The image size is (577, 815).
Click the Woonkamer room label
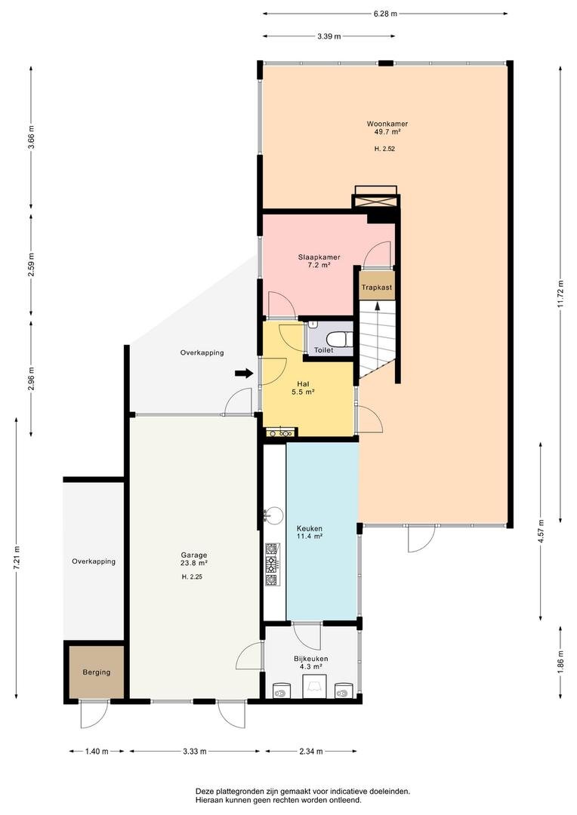pos(387,125)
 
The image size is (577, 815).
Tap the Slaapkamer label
pos(319,257)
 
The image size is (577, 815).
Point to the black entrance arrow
pos(243,373)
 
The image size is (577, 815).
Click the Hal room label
pos(304,383)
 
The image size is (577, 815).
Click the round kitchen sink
pos(273,515)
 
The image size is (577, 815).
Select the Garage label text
pos(194,555)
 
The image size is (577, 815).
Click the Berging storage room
pos(96,672)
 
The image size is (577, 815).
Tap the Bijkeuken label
pos(310,659)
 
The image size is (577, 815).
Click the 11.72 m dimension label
pos(560,294)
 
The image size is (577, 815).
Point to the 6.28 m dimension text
pos(385,14)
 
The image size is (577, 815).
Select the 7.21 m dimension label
pos(17,558)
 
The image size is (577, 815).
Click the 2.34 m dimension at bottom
pos(310,751)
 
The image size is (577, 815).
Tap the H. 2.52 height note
pos(385,149)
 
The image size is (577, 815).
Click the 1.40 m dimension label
pos(96,751)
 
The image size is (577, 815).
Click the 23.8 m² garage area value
pos(195,563)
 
